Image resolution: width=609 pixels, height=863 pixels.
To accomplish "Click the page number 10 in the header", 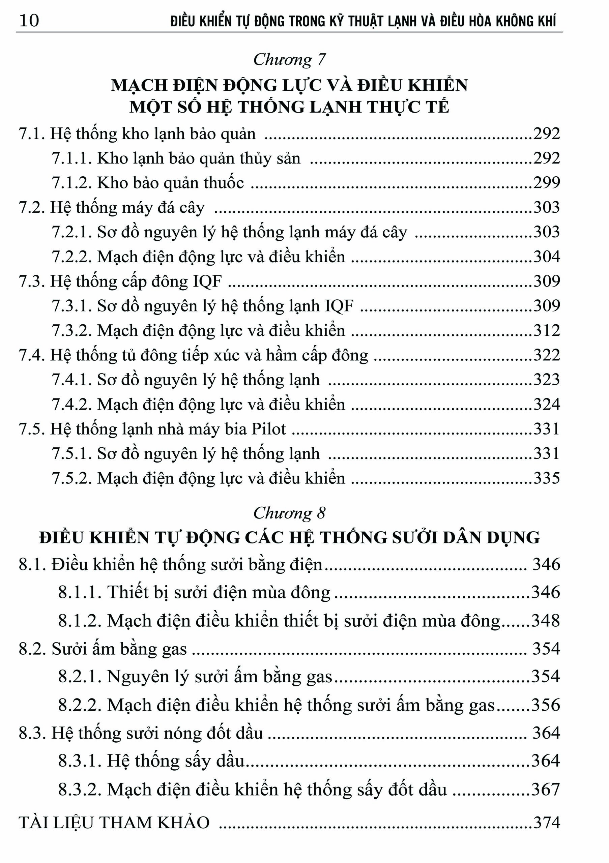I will (x=29, y=20).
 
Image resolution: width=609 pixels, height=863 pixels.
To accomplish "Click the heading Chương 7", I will (x=289, y=60).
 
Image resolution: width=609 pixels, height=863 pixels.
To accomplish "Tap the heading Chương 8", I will (x=289, y=513).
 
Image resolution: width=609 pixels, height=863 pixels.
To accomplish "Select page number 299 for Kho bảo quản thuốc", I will (x=547, y=183).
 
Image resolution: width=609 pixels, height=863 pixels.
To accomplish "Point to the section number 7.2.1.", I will (x=71, y=232).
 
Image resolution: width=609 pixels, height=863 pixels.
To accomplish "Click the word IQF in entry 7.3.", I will (x=207, y=281).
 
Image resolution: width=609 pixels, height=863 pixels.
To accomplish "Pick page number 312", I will (x=547, y=330).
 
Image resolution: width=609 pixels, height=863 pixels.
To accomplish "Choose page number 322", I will (x=547, y=355).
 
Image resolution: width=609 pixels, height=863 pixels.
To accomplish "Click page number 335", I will (x=547, y=478).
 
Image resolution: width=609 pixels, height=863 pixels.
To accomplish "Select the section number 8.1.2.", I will (x=80, y=621).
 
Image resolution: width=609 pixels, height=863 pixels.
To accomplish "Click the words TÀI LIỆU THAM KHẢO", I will (x=114, y=823).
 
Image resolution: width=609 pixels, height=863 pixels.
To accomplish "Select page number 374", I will (x=547, y=823).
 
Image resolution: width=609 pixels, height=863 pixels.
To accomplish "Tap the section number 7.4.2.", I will (x=71, y=405).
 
